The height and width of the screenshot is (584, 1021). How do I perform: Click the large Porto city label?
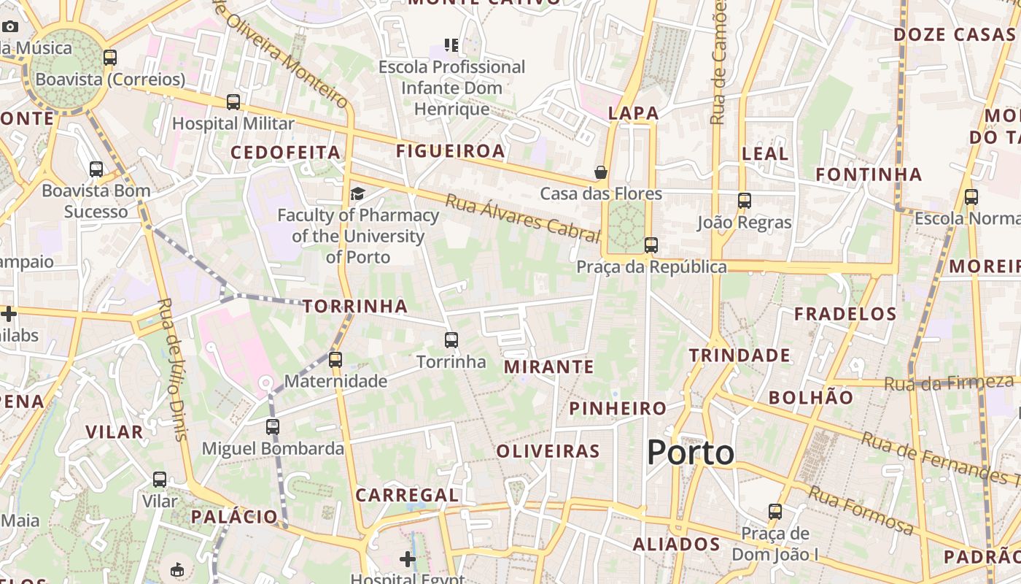tap(690, 453)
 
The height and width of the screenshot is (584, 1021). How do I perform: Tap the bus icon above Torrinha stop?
tap(451, 339)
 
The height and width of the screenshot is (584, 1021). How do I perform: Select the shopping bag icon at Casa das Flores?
tap(601, 172)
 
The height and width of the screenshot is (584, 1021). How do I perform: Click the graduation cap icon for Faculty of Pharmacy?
tap(357, 193)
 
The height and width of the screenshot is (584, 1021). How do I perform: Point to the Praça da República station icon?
tap(651, 245)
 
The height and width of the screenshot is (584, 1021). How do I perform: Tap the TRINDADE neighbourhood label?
tap(739, 356)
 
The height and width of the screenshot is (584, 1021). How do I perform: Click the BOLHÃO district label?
tap(810, 398)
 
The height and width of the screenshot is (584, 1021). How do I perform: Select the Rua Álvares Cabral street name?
tap(521, 218)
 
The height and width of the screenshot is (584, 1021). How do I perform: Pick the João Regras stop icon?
tap(744, 201)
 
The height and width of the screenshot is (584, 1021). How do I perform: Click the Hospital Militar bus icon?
tap(233, 102)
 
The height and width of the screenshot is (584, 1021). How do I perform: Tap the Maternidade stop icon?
tap(335, 359)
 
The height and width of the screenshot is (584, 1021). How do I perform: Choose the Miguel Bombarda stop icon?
tap(273, 426)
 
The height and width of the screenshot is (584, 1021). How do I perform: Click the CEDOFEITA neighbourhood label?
tap(286, 153)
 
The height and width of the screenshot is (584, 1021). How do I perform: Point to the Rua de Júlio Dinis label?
tap(172, 369)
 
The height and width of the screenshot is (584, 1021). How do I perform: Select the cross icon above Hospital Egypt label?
tap(408, 559)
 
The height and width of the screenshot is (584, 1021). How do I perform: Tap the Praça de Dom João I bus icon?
tap(775, 512)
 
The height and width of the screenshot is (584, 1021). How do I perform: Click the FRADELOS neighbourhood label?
tap(845, 315)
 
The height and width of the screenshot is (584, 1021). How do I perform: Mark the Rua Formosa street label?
tap(860, 511)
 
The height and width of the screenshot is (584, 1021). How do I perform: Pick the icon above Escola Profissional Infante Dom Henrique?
tap(451, 45)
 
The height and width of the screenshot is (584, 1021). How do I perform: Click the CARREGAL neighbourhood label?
tap(407, 495)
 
